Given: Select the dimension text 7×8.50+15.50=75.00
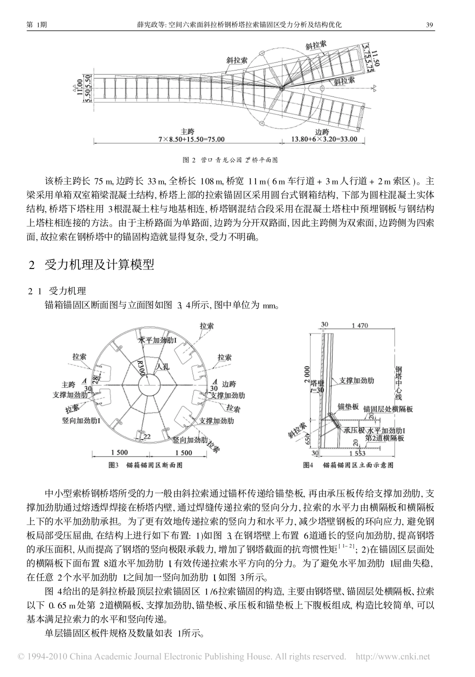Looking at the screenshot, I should pyautogui.click(x=191, y=139).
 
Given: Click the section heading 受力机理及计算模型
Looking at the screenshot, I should pyautogui.click(x=99, y=265).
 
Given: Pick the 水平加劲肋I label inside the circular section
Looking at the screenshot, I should pyautogui.click(x=157, y=340).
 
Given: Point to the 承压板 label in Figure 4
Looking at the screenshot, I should pyautogui.click(x=354, y=430).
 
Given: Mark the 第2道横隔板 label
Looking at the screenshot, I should pyautogui.click(x=385, y=438).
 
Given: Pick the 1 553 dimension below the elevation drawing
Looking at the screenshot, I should pyautogui.click(x=357, y=453).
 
